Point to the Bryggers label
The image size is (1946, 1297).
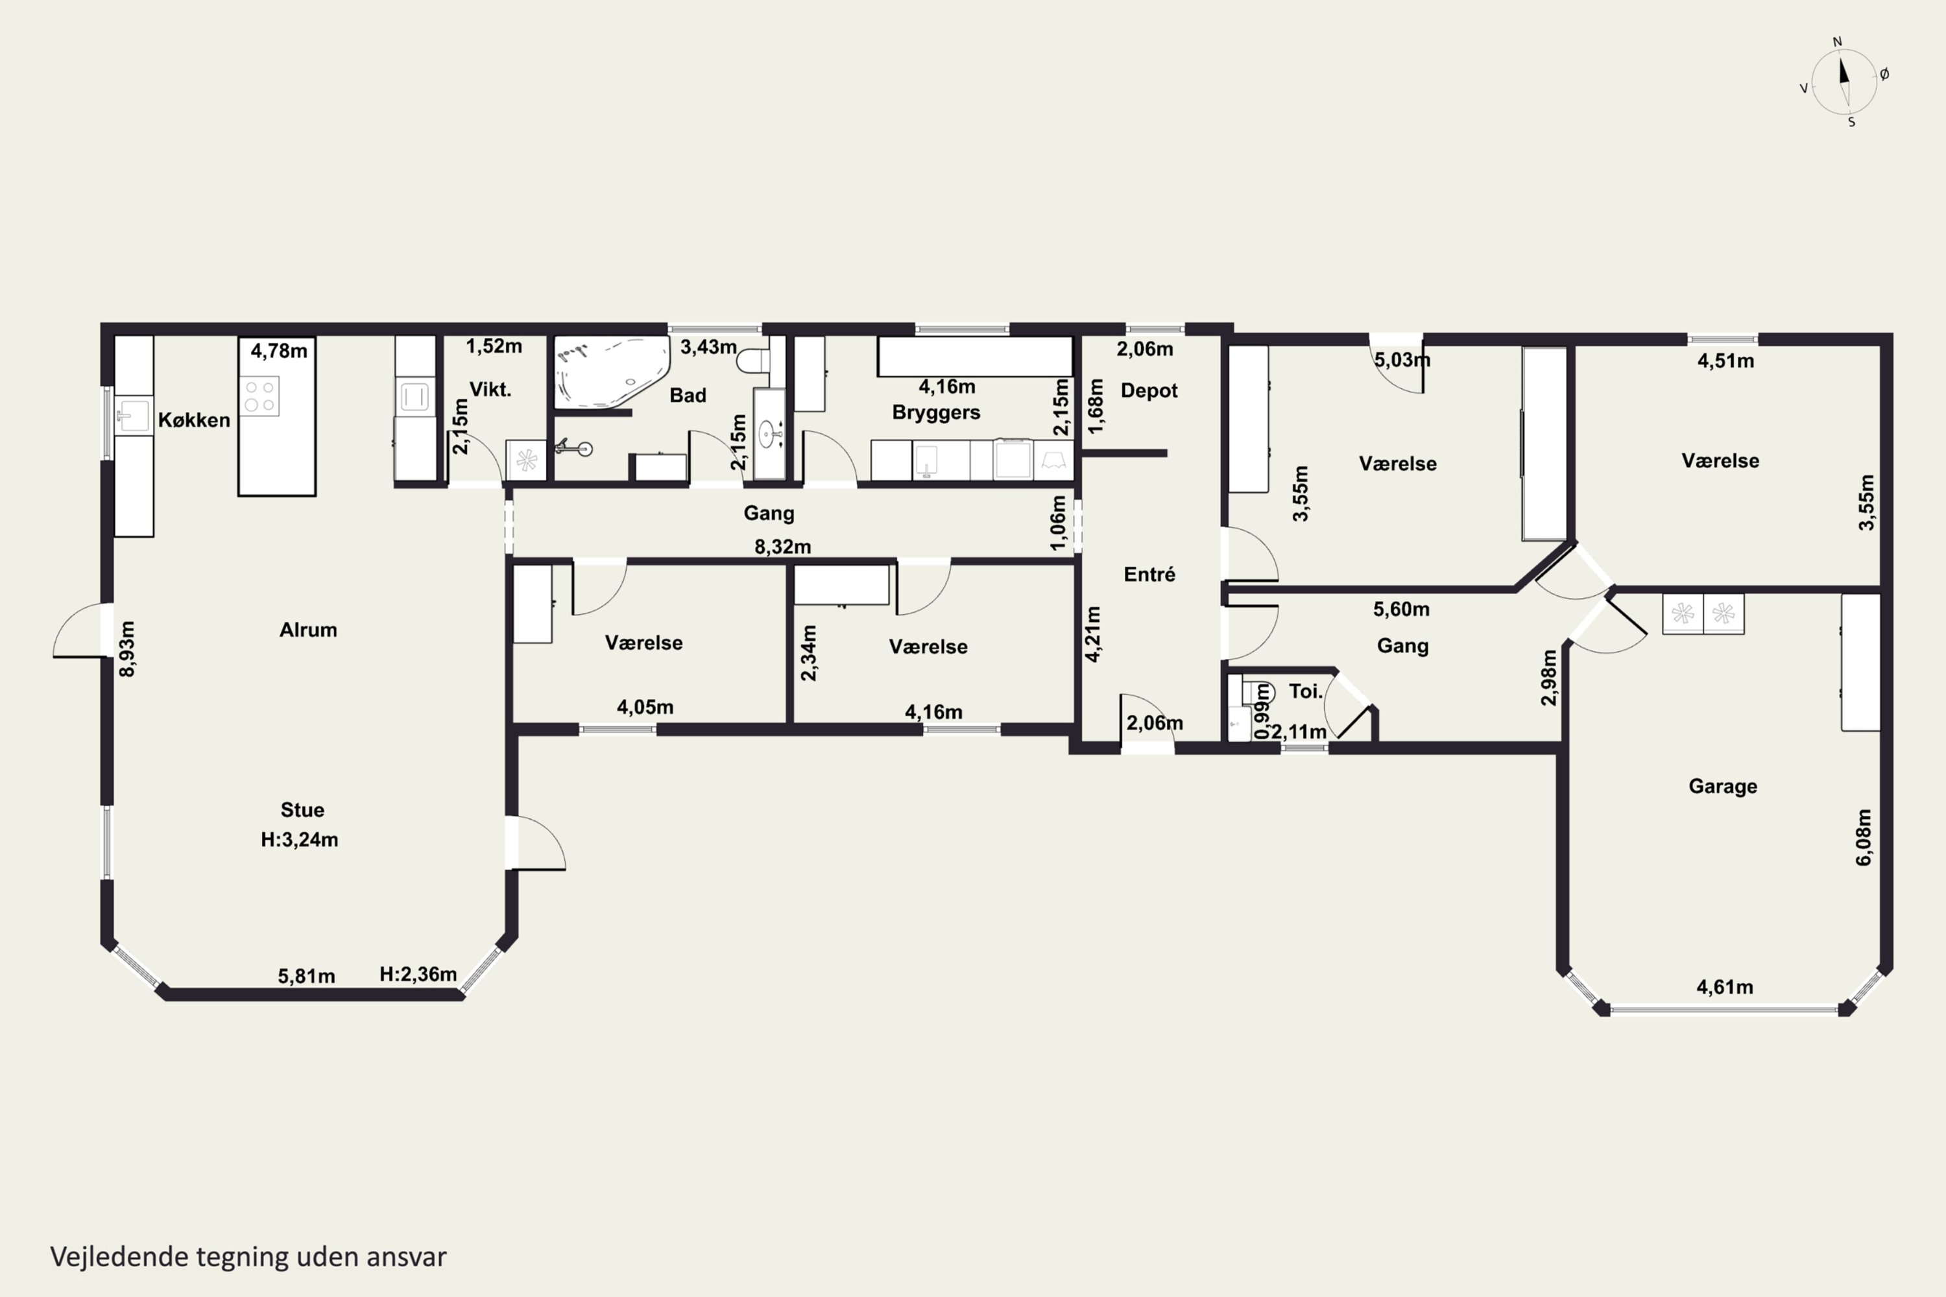tap(936, 412)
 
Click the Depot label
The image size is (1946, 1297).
tap(1149, 390)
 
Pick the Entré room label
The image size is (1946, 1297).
tap(1149, 574)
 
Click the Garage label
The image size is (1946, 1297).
tap(1723, 786)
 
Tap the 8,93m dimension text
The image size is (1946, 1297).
tap(126, 649)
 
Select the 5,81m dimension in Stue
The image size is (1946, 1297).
tap(306, 976)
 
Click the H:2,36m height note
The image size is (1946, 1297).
tap(418, 975)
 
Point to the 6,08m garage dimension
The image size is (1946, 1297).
tap(1862, 837)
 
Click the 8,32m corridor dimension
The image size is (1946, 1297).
tap(783, 547)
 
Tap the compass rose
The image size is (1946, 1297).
tap(1844, 82)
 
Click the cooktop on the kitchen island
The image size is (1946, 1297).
tap(260, 396)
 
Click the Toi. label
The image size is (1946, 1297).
tap(1306, 691)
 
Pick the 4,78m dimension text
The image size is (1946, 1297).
tap(279, 351)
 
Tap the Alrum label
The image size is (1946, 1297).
tap(307, 630)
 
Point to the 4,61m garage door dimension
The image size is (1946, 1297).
tap(1724, 987)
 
